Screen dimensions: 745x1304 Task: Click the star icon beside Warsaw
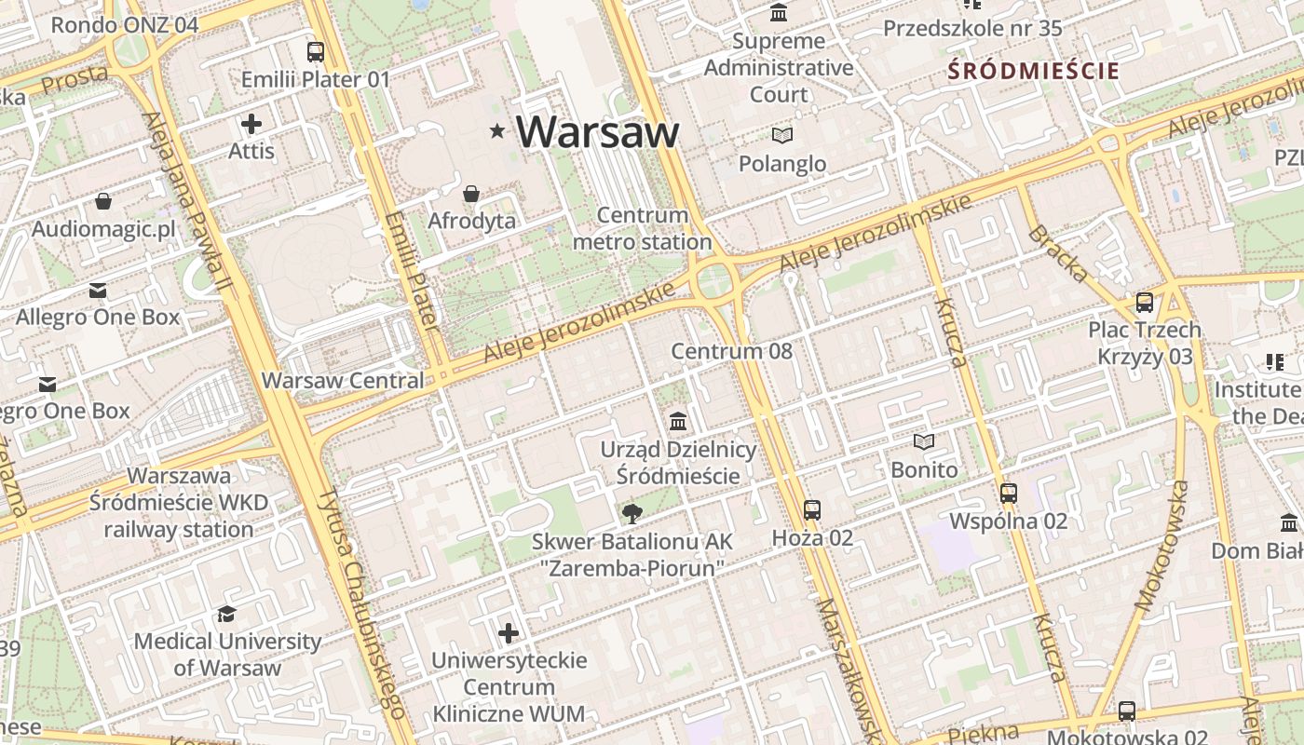click(498, 132)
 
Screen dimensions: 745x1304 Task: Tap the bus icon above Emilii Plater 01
click(316, 51)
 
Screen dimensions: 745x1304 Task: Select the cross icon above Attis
click(251, 123)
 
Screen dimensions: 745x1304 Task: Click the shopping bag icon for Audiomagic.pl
click(103, 201)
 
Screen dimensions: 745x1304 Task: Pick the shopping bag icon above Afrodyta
click(471, 194)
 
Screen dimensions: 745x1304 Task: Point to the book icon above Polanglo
click(782, 136)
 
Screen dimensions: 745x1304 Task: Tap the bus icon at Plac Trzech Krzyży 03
click(1144, 303)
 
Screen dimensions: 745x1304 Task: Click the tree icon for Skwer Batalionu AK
click(632, 513)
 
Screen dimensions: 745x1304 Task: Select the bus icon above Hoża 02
click(812, 509)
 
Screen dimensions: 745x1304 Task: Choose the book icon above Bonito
click(924, 441)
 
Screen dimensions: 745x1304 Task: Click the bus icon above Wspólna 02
click(1008, 493)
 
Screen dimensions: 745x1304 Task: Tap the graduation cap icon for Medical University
click(226, 614)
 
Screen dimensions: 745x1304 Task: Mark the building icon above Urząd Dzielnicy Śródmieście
click(678, 422)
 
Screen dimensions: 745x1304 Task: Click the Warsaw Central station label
click(343, 380)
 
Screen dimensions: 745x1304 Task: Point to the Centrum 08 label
click(732, 351)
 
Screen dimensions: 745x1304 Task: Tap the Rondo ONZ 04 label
click(125, 25)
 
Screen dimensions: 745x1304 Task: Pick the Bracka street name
click(1057, 252)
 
